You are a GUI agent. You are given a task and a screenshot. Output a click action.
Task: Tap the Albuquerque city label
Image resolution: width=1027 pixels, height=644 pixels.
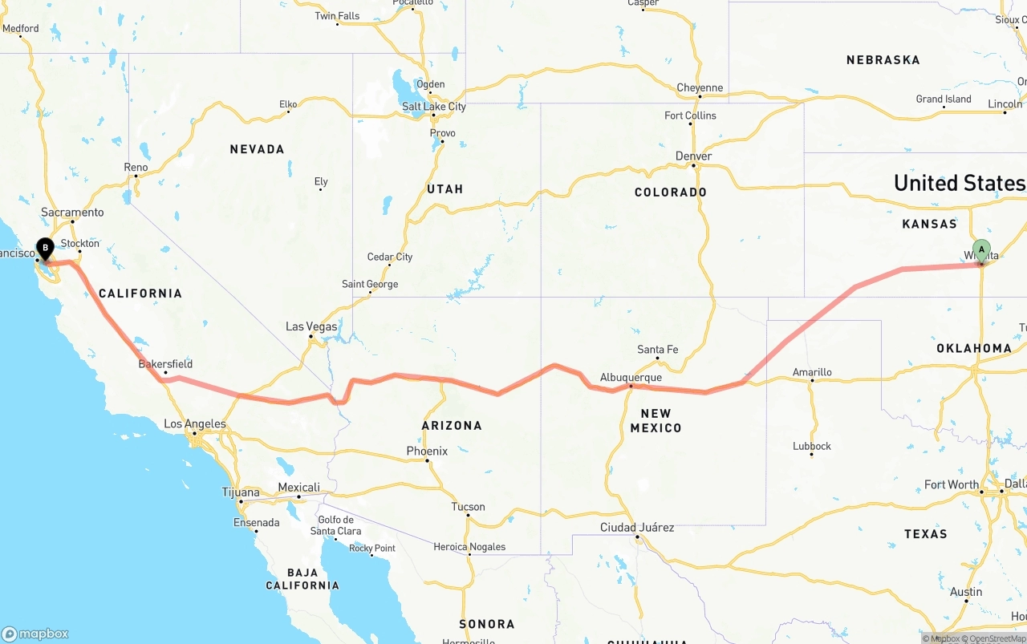click(x=631, y=377)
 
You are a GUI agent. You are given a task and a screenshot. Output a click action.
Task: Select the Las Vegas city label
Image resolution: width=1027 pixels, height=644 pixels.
click(x=311, y=326)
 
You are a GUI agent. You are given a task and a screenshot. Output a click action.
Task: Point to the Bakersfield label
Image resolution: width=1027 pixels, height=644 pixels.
click(x=165, y=363)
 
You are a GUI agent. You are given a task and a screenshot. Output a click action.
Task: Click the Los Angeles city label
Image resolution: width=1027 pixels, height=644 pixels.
click(x=195, y=423)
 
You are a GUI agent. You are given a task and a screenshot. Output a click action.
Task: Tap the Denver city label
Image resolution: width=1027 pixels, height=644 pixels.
click(x=693, y=156)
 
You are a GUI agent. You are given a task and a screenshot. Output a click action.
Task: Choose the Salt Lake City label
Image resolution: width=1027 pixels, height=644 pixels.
click(x=434, y=107)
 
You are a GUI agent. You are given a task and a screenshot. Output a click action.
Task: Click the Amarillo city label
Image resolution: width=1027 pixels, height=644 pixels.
click(x=812, y=372)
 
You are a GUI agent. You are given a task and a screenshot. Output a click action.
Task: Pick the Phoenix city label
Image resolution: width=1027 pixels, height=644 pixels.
click(x=427, y=452)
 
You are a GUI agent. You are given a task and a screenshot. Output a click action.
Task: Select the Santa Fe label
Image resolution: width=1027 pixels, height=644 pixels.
click(x=657, y=349)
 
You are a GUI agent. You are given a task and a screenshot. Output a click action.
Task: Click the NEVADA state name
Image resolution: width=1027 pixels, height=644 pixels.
click(x=257, y=149)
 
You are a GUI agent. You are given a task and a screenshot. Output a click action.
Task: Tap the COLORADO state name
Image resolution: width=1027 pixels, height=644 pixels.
click(x=671, y=192)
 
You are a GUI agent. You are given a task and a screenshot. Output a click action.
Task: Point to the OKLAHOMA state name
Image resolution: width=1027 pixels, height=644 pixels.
click(x=974, y=348)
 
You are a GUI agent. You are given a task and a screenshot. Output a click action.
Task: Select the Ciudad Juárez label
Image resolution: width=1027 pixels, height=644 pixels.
click(x=637, y=527)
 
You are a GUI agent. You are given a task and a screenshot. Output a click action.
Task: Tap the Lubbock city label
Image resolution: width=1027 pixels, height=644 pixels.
click(x=812, y=446)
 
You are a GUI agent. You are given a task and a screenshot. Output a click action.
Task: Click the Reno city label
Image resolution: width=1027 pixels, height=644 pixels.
click(x=136, y=168)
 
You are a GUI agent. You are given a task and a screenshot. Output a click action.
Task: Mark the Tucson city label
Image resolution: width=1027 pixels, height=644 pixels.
click(x=468, y=506)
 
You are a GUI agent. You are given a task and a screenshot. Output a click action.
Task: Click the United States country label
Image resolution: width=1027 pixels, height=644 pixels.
click(x=960, y=183)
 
